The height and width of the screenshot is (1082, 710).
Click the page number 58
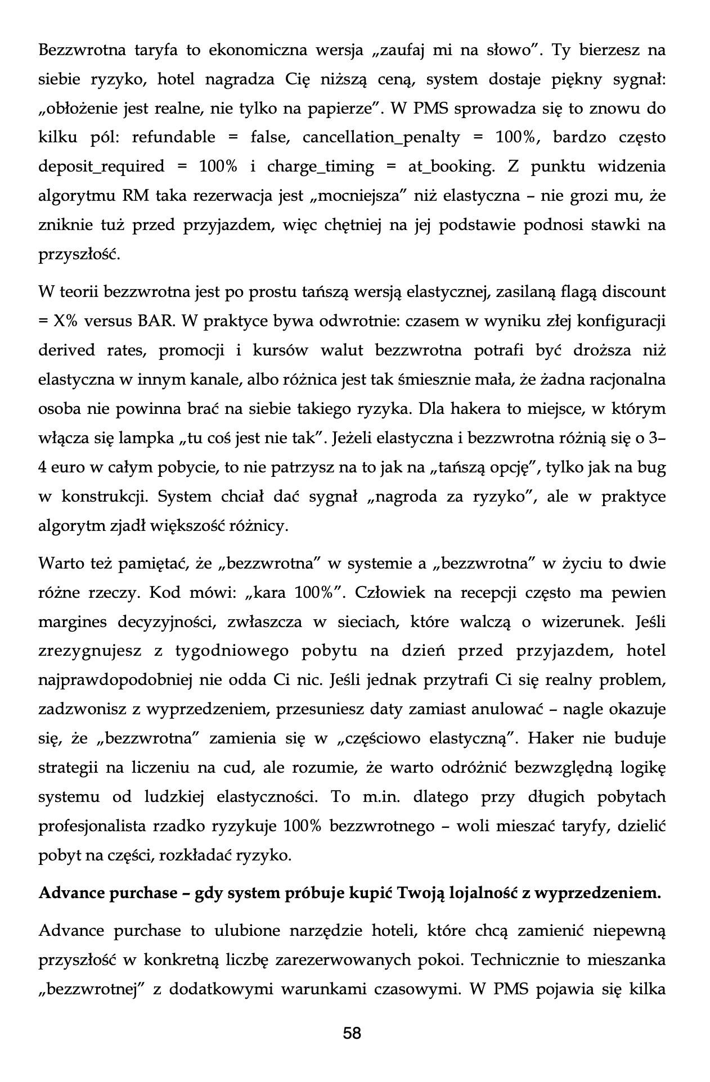352,1033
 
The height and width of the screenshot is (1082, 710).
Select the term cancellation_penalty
381,137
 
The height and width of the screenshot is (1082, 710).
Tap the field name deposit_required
102,166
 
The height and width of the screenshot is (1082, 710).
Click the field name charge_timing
320,166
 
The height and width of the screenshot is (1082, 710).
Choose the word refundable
173,137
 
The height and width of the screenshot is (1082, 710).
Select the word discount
633,292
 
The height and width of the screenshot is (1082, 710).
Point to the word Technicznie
515,959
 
